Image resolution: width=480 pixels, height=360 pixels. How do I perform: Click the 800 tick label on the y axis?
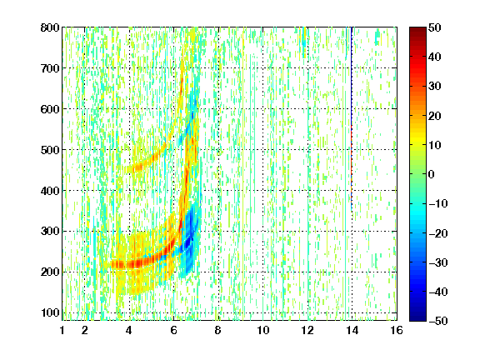tap(50, 27)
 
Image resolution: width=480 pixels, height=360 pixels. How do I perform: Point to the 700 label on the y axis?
tap(50, 68)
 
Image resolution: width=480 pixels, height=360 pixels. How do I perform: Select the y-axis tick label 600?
tap(50, 109)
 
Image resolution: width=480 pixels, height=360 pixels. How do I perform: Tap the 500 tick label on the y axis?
tap(50, 150)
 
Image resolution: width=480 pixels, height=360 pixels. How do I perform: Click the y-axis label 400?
tap(50, 191)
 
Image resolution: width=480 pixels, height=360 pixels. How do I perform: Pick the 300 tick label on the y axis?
tap(50, 231)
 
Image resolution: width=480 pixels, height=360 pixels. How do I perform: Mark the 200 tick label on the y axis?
tap(50, 272)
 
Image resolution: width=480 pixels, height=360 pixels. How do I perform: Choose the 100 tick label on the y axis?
tap(50, 312)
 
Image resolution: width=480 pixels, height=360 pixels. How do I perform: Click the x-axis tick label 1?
tap(62, 330)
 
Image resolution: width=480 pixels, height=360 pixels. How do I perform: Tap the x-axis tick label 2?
tap(85, 330)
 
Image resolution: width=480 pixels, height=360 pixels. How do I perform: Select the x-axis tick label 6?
tap(174, 330)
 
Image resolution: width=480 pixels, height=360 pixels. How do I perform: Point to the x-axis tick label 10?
tap(263, 330)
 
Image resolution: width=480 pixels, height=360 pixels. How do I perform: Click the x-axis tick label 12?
tap(307, 330)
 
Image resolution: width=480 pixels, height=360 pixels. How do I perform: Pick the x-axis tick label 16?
tap(397, 330)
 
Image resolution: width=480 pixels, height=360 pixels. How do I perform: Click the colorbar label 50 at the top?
tap(435, 27)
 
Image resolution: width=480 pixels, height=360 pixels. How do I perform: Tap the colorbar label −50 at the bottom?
tap(437, 321)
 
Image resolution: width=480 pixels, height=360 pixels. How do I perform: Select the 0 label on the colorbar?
tap(432, 174)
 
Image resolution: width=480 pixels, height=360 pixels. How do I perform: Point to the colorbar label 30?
tap(435, 87)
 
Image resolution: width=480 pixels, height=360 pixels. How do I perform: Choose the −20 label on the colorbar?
tap(437, 233)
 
